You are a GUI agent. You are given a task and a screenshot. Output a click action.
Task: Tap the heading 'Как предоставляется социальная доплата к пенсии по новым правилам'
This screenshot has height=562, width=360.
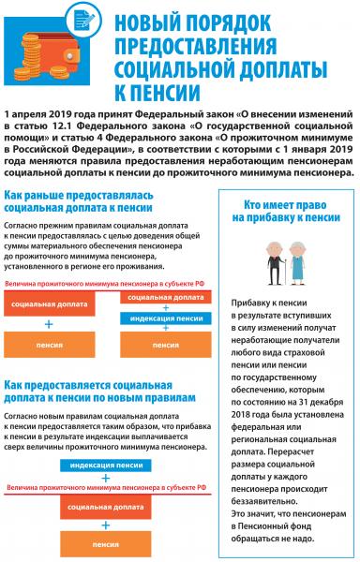pyautogui.click(x=98, y=390)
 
